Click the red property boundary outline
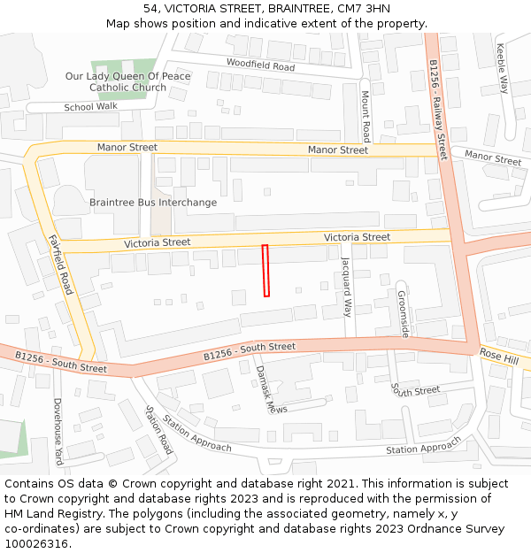coord(265,271)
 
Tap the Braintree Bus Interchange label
coord(152,203)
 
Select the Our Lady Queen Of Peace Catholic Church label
coord(127,82)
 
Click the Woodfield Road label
coord(260,65)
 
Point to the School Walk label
coord(90,107)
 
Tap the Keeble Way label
coord(503,69)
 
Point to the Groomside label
coord(402,314)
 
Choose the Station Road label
coord(159,431)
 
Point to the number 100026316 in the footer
coord(36,544)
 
